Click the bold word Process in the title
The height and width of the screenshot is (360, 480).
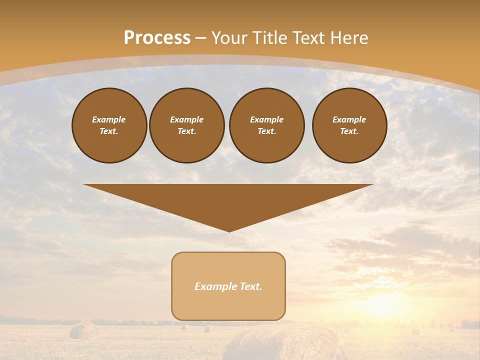[157, 38]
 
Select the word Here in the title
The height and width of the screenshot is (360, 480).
[349, 38]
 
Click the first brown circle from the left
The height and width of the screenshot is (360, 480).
[109, 125]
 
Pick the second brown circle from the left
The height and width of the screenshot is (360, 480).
[186, 125]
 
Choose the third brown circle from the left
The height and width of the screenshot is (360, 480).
[266, 125]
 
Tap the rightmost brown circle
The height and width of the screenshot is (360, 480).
[349, 125]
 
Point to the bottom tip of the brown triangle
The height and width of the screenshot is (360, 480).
[229, 230]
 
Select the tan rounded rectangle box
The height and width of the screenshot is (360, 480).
[228, 286]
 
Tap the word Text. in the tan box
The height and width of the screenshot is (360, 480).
[250, 286]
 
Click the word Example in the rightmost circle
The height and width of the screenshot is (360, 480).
[349, 119]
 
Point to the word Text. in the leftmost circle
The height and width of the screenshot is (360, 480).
[109, 131]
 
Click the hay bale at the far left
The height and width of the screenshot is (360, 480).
[83, 330]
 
